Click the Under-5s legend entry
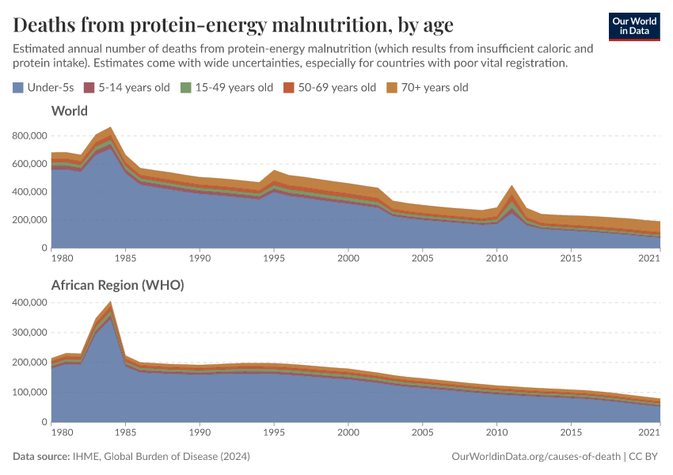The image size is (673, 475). (x=42, y=87)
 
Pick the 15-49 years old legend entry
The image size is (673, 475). (x=226, y=87)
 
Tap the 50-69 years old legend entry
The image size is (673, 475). (x=330, y=87)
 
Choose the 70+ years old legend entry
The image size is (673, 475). (x=428, y=87)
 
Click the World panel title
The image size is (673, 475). (x=69, y=111)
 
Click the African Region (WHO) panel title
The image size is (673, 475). (x=117, y=285)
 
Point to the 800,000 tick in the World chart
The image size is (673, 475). (x=29, y=136)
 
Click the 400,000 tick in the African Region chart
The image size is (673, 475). (x=29, y=302)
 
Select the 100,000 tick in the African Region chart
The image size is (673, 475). (x=29, y=393)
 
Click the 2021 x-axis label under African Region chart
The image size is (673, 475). (x=649, y=433)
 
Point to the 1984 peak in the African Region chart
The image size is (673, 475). (x=111, y=302)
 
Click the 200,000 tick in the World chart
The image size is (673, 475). (x=29, y=220)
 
